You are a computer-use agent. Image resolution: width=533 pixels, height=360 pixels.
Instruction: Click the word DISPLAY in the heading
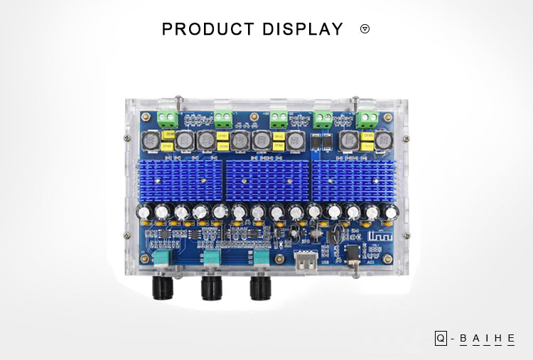coord(303,29)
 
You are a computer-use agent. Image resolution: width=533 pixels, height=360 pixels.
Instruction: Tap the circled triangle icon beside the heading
coord(365,29)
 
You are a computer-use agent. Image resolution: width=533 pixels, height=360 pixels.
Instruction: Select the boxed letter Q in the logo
coord(441,339)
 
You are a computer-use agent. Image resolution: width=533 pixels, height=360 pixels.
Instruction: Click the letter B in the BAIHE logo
coord(464,339)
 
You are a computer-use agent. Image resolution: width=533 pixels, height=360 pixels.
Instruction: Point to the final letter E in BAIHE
coord(510,339)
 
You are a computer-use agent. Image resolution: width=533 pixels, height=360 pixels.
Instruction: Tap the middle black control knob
coord(212,287)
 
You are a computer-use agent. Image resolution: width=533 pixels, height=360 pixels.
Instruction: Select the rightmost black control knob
coord(260,287)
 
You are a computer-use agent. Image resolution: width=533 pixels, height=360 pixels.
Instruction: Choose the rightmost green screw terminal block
coord(367,116)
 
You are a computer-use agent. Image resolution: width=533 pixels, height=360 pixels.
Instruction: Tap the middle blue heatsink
coord(266,180)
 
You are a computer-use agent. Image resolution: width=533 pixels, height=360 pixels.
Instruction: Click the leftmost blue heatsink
coord(181,180)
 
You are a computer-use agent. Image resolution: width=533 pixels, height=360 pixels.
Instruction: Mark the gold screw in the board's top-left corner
coord(146,116)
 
